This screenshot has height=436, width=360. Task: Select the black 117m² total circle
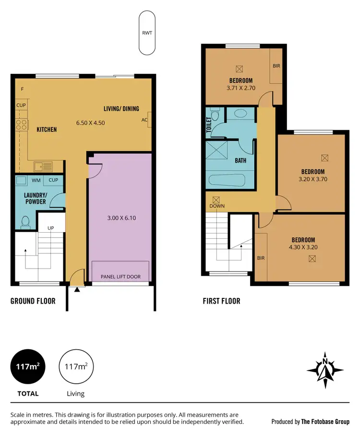[x=28, y=367]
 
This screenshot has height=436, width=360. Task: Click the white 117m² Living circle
[x=76, y=367]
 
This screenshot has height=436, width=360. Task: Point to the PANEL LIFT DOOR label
[x=120, y=277]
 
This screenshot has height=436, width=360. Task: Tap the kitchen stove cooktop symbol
[x=22, y=125]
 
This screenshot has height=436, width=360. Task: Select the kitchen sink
[x=43, y=167]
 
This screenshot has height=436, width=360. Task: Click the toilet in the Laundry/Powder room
[x=25, y=222]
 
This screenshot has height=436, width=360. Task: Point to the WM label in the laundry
[x=36, y=180]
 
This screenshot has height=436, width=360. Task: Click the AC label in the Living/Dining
[x=144, y=120]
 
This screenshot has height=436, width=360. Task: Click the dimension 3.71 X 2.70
[x=241, y=88]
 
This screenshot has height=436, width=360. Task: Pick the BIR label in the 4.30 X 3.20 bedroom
[x=261, y=258]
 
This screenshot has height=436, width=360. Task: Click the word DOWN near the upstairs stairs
[x=216, y=206]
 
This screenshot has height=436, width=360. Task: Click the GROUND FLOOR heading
[x=33, y=301]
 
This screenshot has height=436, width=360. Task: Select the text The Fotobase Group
[x=325, y=422]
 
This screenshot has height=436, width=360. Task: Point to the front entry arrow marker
[x=77, y=290]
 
